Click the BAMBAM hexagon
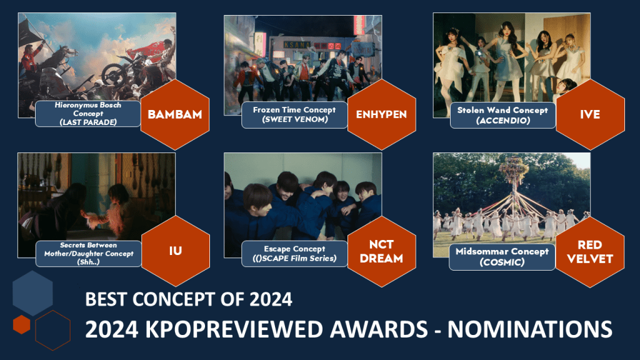(x=175, y=114)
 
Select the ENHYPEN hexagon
(x=382, y=114)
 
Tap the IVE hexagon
(x=590, y=114)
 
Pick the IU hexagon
(x=176, y=251)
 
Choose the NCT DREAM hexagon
(x=382, y=251)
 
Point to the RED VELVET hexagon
(x=590, y=252)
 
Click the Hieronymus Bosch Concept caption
(x=88, y=114)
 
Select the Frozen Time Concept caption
(x=294, y=115)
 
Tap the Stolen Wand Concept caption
(x=502, y=115)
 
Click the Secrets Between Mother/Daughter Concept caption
(x=89, y=254)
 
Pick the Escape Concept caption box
(x=294, y=254)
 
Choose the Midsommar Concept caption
(x=502, y=257)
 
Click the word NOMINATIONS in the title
(x=530, y=329)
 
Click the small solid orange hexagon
(x=22, y=324)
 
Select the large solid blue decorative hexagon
(x=32, y=293)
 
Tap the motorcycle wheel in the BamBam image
(x=113, y=74)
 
